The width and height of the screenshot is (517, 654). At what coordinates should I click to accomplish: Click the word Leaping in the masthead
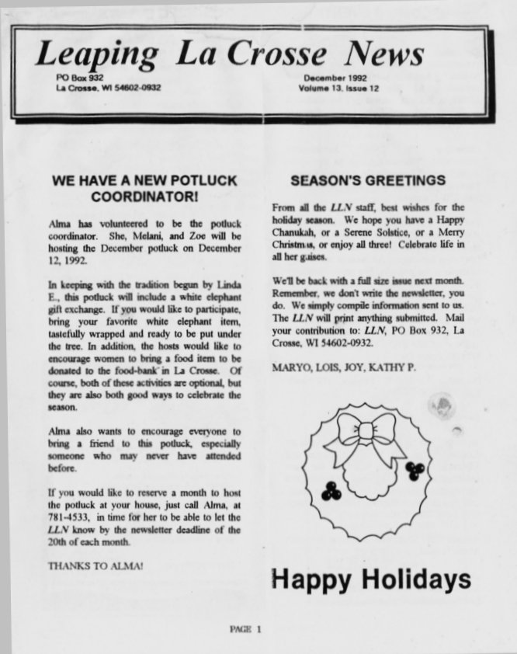click(96, 54)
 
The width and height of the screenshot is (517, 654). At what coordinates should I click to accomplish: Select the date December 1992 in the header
click(335, 78)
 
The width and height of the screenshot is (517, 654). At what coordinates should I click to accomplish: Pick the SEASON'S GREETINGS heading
click(367, 181)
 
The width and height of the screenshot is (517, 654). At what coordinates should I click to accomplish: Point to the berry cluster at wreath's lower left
click(332, 491)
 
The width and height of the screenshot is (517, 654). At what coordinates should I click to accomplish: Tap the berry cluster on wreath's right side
click(415, 469)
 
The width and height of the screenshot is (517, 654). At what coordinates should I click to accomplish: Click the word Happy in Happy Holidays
click(311, 579)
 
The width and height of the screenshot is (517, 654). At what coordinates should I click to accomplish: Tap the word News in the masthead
click(386, 54)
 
